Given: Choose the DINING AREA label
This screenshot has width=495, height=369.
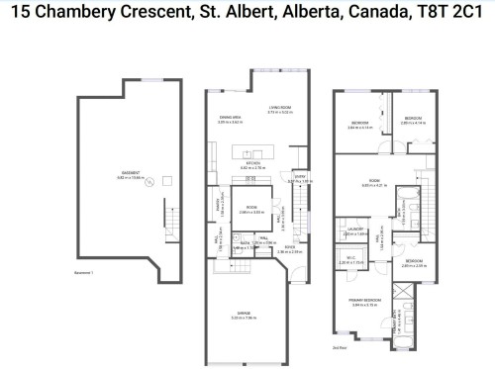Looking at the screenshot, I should click(231, 118).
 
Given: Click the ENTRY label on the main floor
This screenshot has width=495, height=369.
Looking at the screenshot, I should click(300, 178).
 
